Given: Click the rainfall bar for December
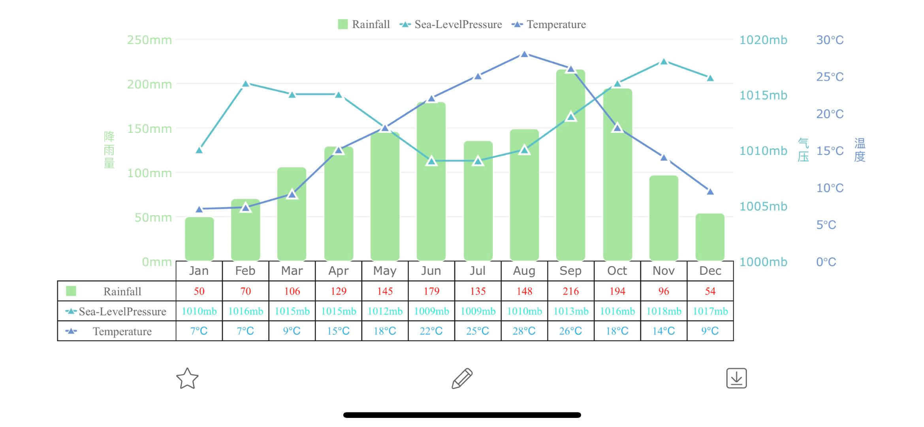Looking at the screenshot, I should pos(710,237).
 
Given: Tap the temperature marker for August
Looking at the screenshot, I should pos(524,55).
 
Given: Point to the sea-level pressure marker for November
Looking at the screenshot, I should pos(664,62).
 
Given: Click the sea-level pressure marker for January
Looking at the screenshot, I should pos(199,150).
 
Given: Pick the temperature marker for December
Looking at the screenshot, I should pos(710,192).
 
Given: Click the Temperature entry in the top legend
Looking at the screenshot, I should pos(549,25).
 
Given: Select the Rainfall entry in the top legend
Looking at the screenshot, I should pos(364,25).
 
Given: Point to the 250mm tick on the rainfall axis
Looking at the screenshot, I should pos(149,40).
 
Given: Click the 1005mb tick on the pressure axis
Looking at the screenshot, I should pos(763,206).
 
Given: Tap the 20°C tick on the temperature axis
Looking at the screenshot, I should pos(830,114).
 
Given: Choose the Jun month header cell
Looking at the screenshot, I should pos(431,271).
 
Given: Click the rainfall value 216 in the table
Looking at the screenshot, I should pos(570,291).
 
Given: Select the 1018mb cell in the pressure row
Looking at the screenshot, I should pos(664,311).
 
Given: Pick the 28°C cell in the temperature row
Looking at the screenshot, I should pos(524,331).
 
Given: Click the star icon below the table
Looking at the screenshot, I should pos(187,378).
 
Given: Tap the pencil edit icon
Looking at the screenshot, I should pos(462,378).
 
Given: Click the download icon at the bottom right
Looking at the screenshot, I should pos(736,378).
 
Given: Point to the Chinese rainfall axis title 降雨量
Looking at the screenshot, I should pos(109,150).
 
